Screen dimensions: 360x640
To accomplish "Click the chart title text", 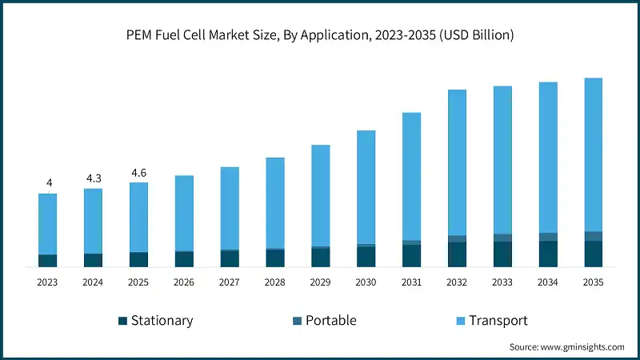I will tap(320, 35).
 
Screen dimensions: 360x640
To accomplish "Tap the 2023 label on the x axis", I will tap(47, 282).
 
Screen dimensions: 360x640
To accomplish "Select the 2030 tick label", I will tap(366, 282).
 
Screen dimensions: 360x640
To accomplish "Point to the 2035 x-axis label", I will tap(593, 282).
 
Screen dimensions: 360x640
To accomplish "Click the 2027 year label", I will tap(230, 282).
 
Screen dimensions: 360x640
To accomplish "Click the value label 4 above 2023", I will tap(49, 183).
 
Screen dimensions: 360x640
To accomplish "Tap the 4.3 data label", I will tap(93, 178).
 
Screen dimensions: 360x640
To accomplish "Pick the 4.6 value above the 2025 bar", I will tap(138, 173).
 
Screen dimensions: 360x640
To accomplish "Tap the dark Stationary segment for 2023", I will tap(47, 261).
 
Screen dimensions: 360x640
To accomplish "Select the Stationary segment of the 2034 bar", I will tap(548, 254).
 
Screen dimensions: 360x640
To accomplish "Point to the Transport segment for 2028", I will tap(275, 203).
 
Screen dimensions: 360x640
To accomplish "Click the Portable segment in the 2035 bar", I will tap(593, 236).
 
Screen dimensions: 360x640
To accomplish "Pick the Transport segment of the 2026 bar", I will tap(184, 213).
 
